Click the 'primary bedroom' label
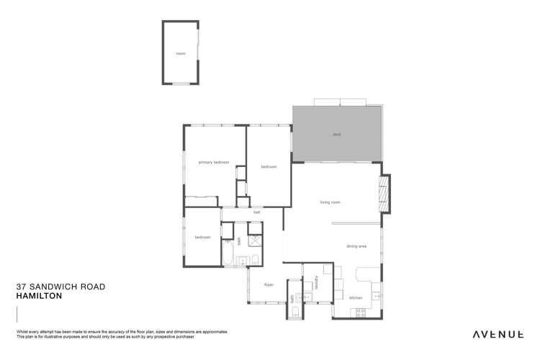(x=214, y=163)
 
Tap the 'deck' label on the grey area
(x=336, y=135)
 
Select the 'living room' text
(x=330, y=202)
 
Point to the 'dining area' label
(x=356, y=246)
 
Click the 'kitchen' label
(x=356, y=297)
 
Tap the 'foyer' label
(x=269, y=284)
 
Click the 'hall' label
(x=256, y=212)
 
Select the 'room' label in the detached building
(x=181, y=53)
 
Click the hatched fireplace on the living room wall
(x=384, y=194)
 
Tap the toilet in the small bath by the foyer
(x=296, y=311)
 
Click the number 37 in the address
(x=21, y=287)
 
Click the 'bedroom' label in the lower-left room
(x=202, y=237)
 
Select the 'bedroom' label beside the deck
(x=269, y=167)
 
